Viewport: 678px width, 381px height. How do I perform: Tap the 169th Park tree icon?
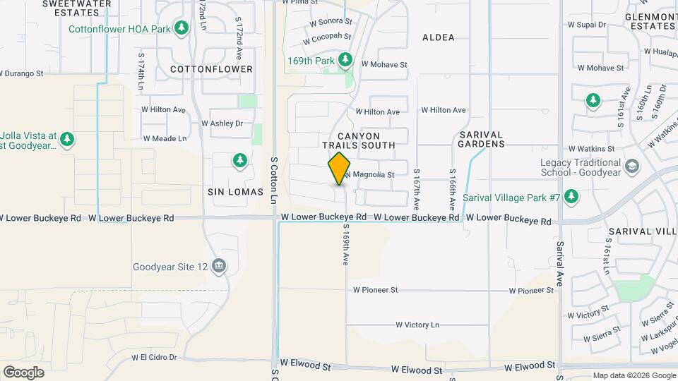point(345,61)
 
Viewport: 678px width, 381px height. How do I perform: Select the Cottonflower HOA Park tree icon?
point(182,28)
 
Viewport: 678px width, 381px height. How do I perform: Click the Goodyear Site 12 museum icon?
point(219,266)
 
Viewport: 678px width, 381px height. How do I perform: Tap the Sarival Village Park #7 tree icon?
point(571,196)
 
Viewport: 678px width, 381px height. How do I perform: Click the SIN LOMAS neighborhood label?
point(235,192)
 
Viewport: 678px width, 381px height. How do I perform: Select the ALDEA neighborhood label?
point(438,37)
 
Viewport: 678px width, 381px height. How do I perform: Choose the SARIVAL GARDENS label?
point(482,139)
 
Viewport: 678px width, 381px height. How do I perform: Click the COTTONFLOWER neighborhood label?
point(211,69)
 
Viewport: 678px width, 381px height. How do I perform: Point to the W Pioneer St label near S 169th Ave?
point(376,290)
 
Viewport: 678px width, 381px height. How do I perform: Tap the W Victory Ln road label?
point(417,325)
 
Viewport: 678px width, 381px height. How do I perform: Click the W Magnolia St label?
point(369,174)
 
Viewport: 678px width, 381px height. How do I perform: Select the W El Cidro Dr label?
point(154,358)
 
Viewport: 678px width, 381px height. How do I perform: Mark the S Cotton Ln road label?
point(274,181)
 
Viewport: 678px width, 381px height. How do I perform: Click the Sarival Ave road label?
point(560,260)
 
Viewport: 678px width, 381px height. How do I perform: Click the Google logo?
point(23,372)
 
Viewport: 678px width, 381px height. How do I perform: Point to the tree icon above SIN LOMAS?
point(239,161)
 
